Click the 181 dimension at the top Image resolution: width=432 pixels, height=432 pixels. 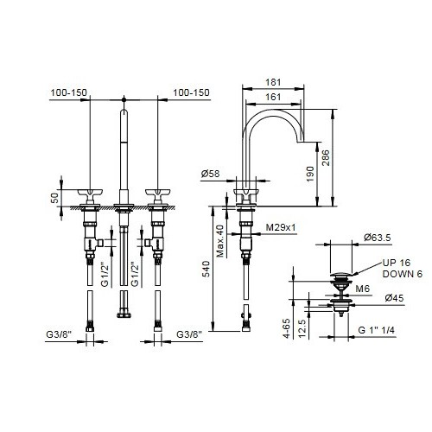point(273,82)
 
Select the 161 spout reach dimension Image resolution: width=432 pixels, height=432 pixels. point(273,97)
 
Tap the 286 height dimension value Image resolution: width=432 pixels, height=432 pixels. point(326,158)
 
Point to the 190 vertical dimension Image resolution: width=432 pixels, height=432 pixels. point(310,174)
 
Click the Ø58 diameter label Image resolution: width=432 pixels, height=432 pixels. point(210,174)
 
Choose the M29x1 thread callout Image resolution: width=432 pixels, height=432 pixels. point(281,227)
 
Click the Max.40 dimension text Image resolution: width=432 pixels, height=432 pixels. point(220,241)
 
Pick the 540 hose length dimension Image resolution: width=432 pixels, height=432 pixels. point(206,269)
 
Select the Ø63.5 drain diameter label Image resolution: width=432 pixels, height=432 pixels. point(378,238)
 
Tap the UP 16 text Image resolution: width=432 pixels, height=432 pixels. point(397,263)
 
